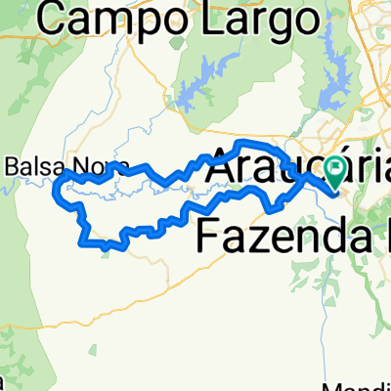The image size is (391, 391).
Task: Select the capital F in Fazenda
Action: [207, 235]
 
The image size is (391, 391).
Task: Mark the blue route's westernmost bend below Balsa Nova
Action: [61, 187]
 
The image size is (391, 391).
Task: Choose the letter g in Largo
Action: [278, 21]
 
